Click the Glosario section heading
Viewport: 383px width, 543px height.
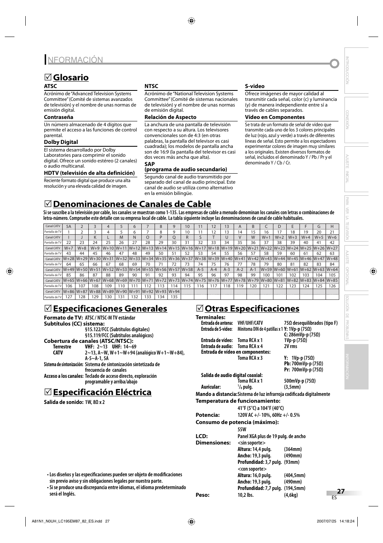pos(71,77)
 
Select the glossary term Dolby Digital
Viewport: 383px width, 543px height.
pos(61,142)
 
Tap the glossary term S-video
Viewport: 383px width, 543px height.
pos(255,86)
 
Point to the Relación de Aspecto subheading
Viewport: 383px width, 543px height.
pos(170,117)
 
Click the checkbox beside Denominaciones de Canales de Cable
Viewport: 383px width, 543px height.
pos(47,204)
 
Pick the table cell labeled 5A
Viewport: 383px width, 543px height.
pos(69,226)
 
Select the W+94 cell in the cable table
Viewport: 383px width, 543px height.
pos(174,291)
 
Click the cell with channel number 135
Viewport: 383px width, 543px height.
pos(174,297)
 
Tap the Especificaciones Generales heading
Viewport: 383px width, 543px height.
pos(110,308)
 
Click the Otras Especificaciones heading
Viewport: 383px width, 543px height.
pos(252,308)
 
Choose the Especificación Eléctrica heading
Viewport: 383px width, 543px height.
pos(102,392)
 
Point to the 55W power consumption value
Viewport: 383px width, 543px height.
pos(241,429)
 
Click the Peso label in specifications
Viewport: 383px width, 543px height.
pos(202,495)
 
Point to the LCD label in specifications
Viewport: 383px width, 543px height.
pos(201,436)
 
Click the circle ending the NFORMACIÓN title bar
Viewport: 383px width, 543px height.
pos(334,64)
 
